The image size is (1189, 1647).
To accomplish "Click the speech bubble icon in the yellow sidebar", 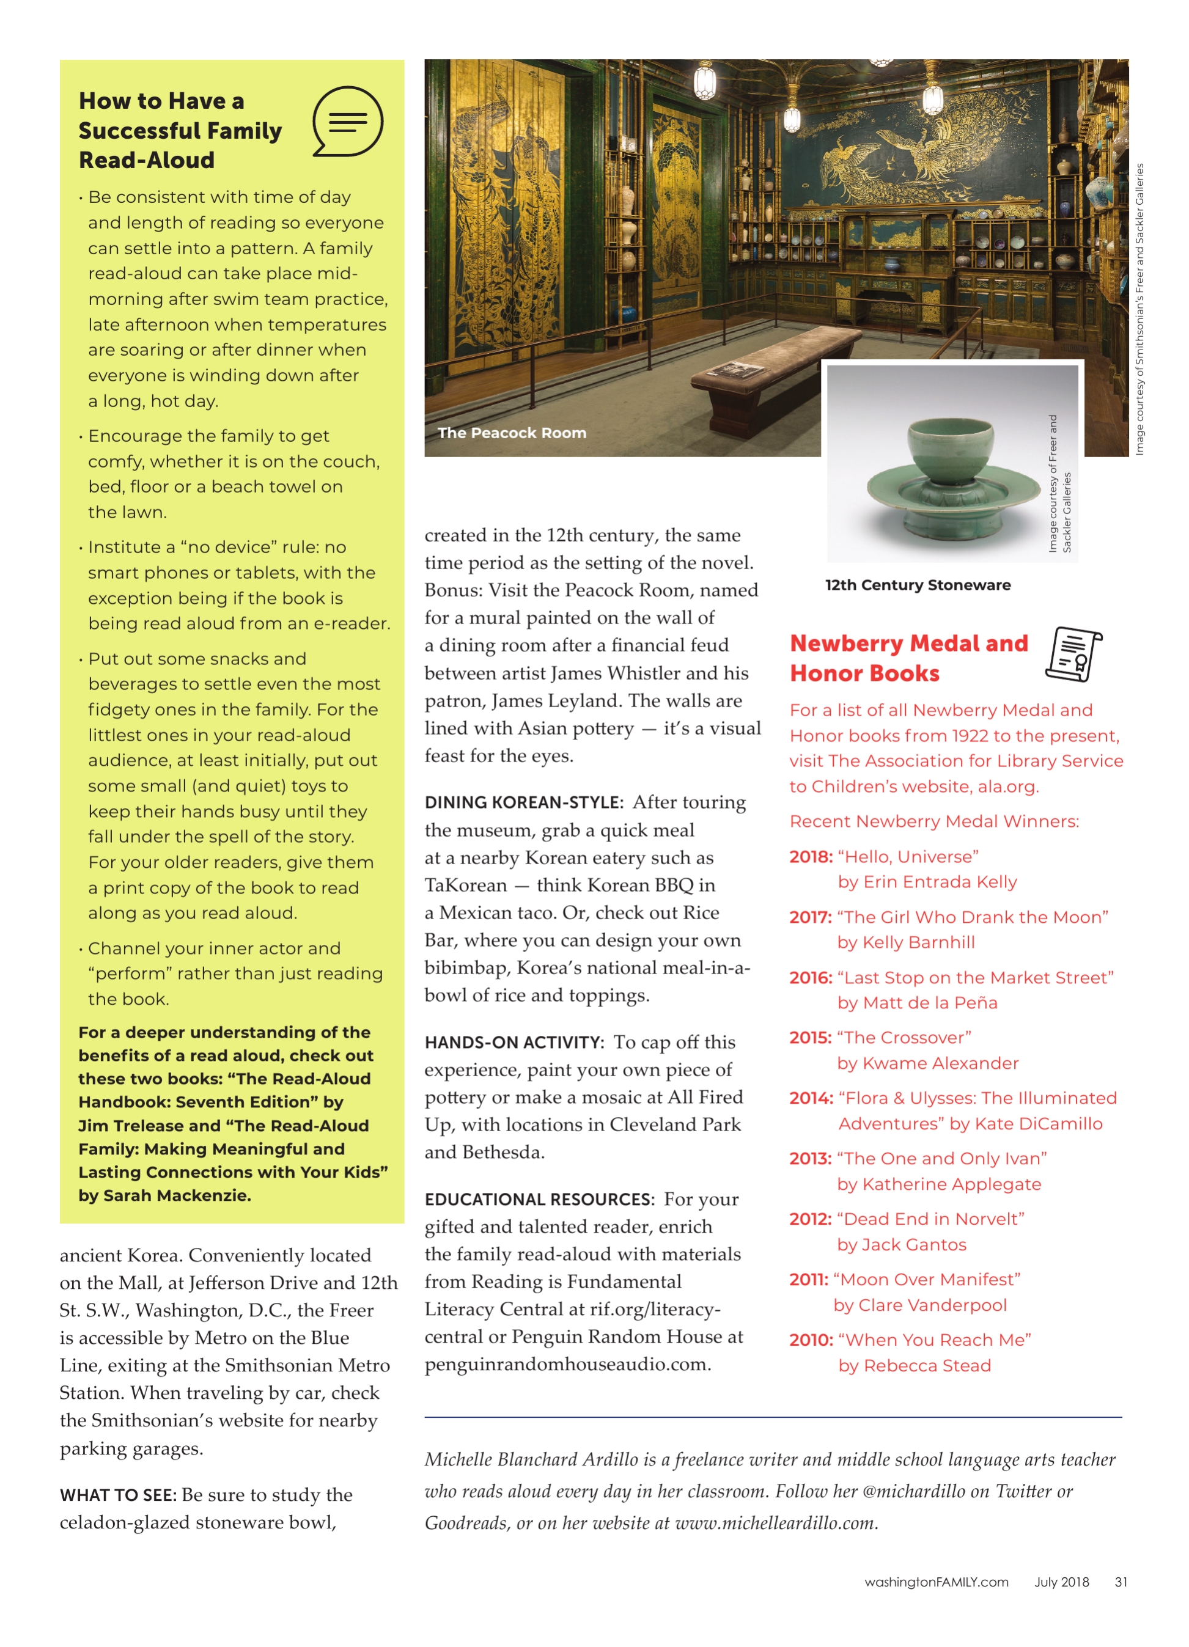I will (347, 121).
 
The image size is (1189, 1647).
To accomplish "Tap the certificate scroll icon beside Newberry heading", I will (1073, 653).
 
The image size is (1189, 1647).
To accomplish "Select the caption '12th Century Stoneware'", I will (918, 585).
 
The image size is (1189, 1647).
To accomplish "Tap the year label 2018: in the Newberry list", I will (811, 857).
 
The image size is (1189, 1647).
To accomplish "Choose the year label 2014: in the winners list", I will (811, 1098).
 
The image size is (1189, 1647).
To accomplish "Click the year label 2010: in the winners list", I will (811, 1340).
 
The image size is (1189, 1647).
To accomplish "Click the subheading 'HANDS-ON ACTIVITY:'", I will (514, 1043).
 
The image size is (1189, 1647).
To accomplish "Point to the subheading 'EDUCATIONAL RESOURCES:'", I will (540, 1199).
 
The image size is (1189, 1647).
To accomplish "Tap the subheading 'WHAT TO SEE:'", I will (117, 1495).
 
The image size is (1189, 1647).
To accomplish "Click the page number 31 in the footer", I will (1121, 1582).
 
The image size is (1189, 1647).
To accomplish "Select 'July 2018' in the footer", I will (1061, 1582).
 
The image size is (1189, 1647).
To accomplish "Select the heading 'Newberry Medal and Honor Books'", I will (908, 658).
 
